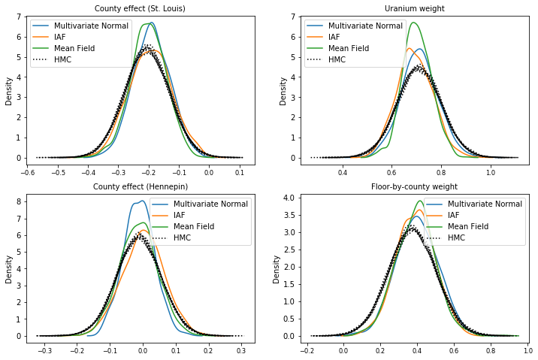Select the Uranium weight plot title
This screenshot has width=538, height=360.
pos(414,8)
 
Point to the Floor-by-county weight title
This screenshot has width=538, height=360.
pos(414,186)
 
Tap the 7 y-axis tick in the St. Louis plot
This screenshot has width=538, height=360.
pos(20,16)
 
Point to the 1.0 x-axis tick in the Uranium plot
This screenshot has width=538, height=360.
pos(491,171)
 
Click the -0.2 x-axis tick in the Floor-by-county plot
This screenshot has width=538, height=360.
pos(307,349)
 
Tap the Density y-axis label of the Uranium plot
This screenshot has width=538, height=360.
pos(283,90)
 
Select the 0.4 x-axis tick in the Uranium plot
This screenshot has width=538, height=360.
pos(343,171)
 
